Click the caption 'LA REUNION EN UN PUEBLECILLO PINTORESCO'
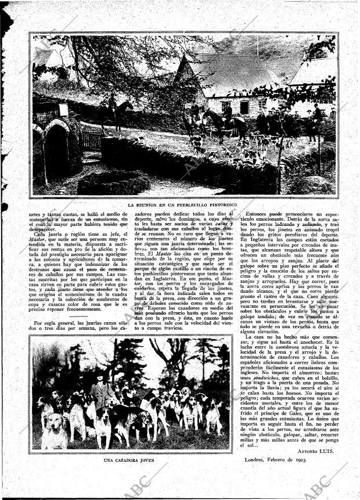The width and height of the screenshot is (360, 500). (183, 205)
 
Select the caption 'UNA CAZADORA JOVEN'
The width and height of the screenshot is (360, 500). (130, 460)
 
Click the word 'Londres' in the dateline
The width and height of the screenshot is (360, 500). (251, 460)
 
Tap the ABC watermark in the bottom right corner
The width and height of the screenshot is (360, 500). (316, 485)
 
